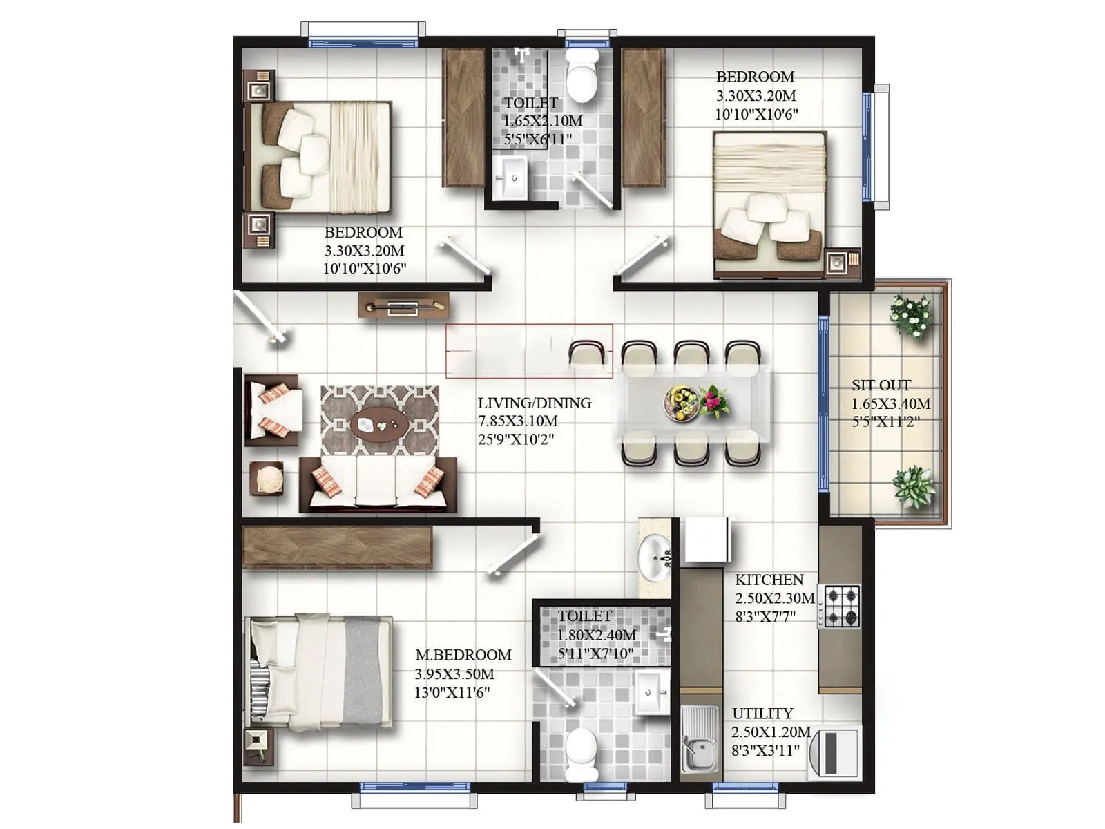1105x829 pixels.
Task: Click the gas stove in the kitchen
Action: (842, 606)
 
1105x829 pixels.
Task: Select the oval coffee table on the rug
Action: (378, 423)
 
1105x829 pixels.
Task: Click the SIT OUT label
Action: (881, 385)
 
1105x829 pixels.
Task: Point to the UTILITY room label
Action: (762, 714)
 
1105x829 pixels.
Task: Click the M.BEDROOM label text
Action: (463, 655)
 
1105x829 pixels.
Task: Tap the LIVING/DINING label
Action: (534, 403)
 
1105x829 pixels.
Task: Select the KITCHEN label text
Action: (769, 580)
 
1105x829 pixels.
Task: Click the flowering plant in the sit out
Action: (912, 316)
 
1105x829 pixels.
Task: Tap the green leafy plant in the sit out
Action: (914, 486)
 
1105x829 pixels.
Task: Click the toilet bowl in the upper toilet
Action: (582, 76)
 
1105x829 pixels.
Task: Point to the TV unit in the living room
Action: (404, 305)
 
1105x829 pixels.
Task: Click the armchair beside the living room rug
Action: (273, 410)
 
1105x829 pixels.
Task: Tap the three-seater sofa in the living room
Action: (377, 484)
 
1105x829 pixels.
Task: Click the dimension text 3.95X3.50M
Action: (454, 674)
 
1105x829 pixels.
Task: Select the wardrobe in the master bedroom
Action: (337, 547)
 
